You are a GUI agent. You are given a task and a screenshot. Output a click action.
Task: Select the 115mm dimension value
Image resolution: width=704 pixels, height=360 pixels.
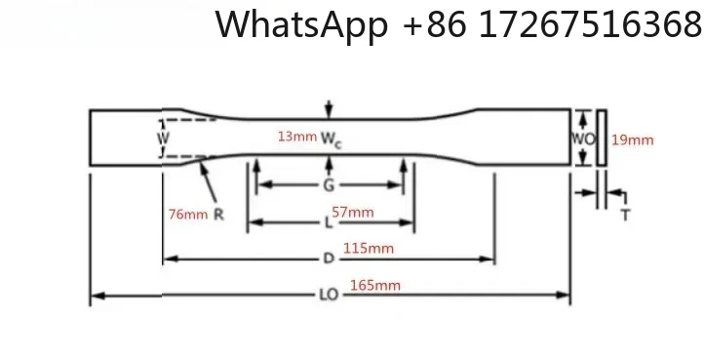(x=370, y=249)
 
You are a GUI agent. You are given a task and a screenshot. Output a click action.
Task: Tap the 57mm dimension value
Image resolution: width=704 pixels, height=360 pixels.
(x=353, y=213)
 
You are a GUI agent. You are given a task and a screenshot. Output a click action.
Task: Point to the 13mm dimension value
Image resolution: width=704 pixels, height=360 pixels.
(x=296, y=138)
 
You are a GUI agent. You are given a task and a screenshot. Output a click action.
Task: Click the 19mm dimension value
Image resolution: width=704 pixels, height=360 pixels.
(x=632, y=140)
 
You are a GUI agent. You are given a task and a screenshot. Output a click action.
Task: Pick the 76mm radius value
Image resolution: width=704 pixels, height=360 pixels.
(x=188, y=215)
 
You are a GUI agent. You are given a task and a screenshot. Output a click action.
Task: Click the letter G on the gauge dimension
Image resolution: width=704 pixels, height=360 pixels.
(x=331, y=183)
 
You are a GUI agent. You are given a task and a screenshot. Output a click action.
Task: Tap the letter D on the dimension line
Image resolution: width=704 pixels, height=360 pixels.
(x=330, y=260)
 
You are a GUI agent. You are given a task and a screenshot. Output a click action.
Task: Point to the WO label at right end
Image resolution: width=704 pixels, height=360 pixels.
(x=582, y=139)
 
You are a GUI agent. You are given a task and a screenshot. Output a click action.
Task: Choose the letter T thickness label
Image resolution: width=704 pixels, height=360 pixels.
(x=625, y=214)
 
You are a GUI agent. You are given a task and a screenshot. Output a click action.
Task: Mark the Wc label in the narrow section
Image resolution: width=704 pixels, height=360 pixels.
(x=332, y=140)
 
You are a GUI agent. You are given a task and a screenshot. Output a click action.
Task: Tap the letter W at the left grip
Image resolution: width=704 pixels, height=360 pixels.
(x=164, y=139)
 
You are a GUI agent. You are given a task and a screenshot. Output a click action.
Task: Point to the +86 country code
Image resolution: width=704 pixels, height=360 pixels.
(x=437, y=25)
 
